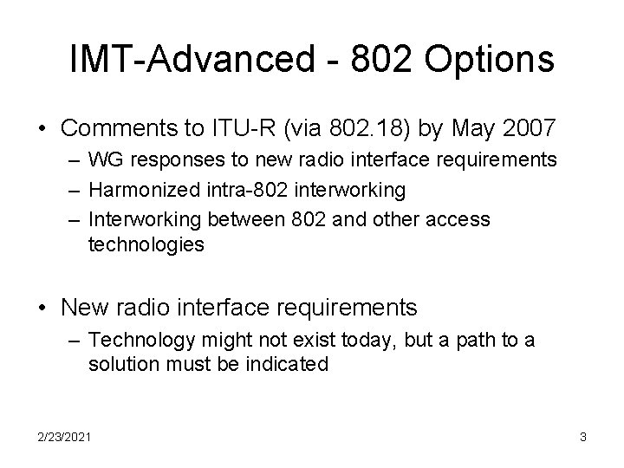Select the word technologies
tap(146, 244)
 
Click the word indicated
tap(288, 364)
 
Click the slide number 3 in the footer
tap(582, 438)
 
